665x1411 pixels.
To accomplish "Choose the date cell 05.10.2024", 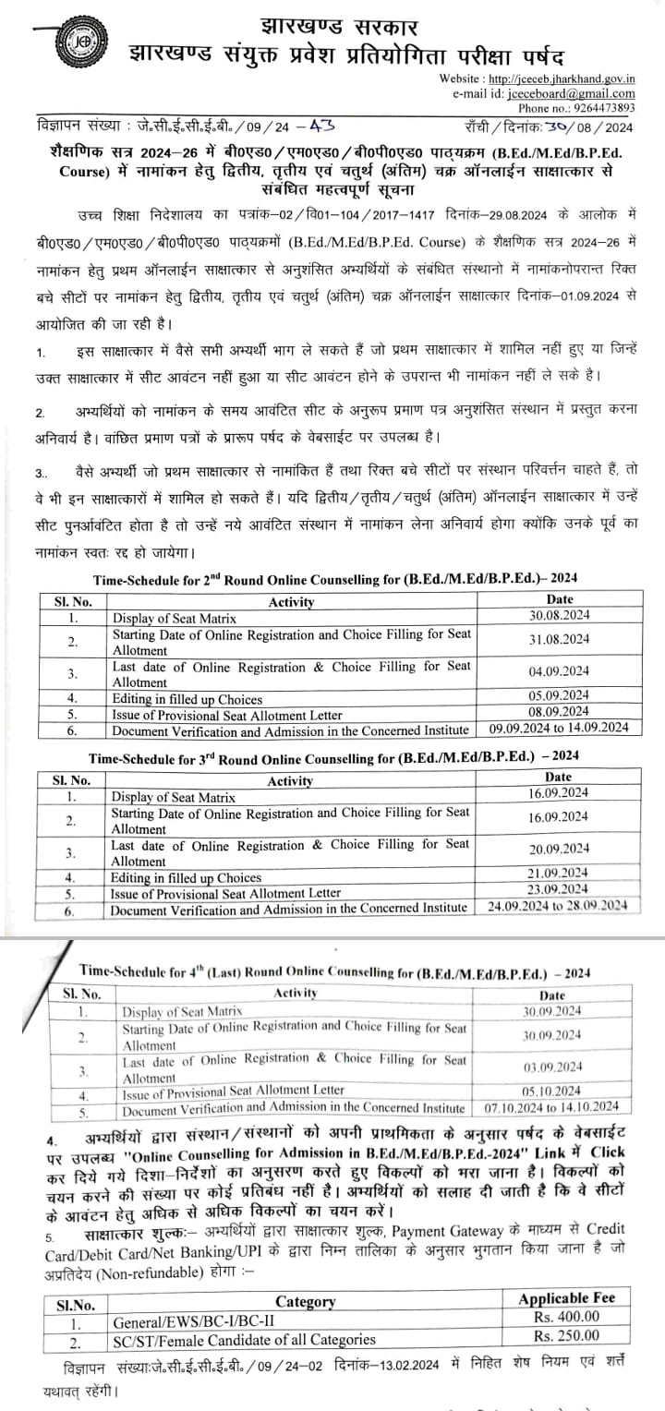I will click(x=552, y=1090).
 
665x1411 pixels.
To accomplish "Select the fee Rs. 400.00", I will click(x=567, y=1317).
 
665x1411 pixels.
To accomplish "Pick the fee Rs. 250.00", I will click(x=567, y=1335).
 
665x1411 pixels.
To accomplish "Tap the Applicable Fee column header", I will click(x=566, y=1298).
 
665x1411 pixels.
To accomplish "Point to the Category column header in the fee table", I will click(x=305, y=1300).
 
